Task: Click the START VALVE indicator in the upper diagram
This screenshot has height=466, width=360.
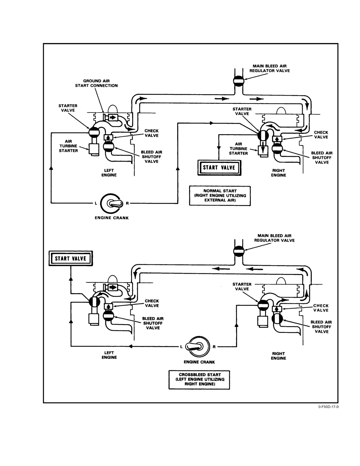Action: pyautogui.click(x=219, y=168)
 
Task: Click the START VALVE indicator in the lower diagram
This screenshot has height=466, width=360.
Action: pyautogui.click(x=71, y=258)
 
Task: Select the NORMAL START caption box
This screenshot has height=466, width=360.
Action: pyautogui.click(x=220, y=196)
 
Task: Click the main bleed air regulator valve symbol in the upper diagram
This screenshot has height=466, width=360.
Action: pyautogui.click(x=239, y=81)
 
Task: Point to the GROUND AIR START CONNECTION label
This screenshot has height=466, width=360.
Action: pyautogui.click(x=96, y=83)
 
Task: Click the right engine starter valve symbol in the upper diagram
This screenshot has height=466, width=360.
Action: pyautogui.click(x=263, y=135)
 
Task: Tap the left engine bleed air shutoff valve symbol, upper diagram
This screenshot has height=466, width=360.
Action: pyautogui.click(x=109, y=146)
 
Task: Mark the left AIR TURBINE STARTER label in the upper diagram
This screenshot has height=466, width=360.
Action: pyautogui.click(x=68, y=146)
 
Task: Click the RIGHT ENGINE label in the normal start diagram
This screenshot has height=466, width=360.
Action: pyautogui.click(x=279, y=173)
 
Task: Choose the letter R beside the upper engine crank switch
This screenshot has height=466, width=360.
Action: pyautogui.click(x=127, y=203)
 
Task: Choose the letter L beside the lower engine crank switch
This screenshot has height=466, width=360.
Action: pyautogui.click(x=181, y=347)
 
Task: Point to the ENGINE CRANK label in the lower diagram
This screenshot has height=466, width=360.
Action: pyautogui.click(x=199, y=362)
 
